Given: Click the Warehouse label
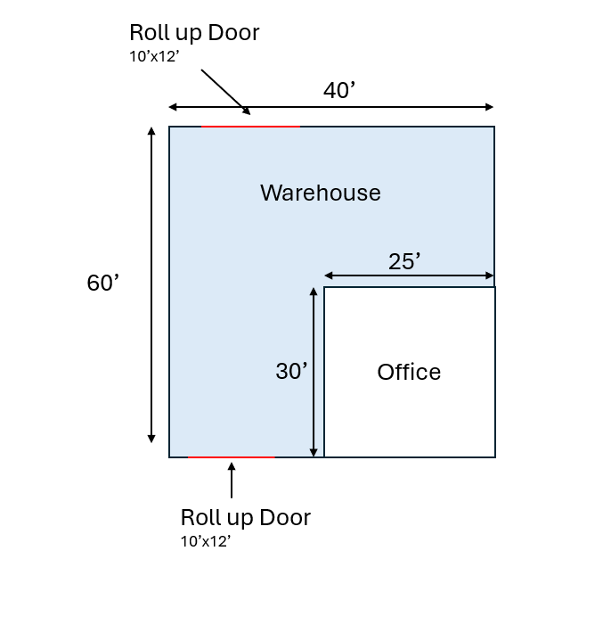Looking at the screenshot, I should click(x=320, y=193).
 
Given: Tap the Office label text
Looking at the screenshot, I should click(x=409, y=372).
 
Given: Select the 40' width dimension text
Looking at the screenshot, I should click(x=339, y=90).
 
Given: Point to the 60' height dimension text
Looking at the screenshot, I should click(x=102, y=283).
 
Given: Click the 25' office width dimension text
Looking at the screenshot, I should click(x=404, y=261).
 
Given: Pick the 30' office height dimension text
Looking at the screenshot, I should click(x=291, y=371).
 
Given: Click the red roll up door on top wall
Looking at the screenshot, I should click(x=251, y=127).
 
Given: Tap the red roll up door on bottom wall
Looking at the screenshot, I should click(x=232, y=457).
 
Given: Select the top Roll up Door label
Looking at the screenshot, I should click(x=194, y=33).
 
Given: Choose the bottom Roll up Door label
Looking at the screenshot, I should click(x=245, y=517).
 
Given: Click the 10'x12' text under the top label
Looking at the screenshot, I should click(x=154, y=56).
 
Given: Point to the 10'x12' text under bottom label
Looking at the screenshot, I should click(x=206, y=541).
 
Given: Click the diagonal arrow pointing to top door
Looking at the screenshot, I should click(x=225, y=92).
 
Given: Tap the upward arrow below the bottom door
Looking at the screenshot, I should click(x=232, y=480).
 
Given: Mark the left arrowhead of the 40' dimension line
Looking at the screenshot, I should click(x=173, y=107).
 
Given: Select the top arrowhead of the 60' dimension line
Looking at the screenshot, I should click(x=151, y=131).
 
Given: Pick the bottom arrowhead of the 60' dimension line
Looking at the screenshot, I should click(x=151, y=439).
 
